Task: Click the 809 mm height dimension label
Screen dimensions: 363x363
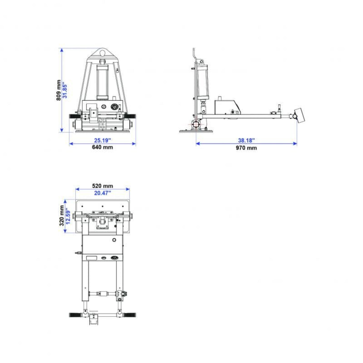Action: (x=59, y=90)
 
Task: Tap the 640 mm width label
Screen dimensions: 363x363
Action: (x=102, y=147)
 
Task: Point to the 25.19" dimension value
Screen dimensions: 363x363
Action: (x=102, y=141)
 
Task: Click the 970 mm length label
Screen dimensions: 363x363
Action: (x=246, y=148)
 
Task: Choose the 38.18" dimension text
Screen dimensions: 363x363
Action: (x=246, y=141)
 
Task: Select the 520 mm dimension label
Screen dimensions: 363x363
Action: (x=102, y=186)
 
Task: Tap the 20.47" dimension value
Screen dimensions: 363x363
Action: (x=102, y=193)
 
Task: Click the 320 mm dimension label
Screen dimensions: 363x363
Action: (x=61, y=216)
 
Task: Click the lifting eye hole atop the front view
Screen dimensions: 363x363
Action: (x=103, y=53)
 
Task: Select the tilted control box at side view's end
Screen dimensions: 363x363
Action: (x=300, y=115)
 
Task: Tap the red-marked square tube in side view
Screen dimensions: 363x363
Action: (x=196, y=124)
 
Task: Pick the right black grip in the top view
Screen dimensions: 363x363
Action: (x=130, y=315)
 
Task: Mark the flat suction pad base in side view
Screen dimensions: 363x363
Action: (x=196, y=131)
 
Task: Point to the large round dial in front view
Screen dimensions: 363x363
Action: (x=114, y=107)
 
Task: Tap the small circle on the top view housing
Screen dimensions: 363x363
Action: (x=114, y=240)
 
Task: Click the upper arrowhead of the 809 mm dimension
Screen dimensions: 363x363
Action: (x=62, y=50)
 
